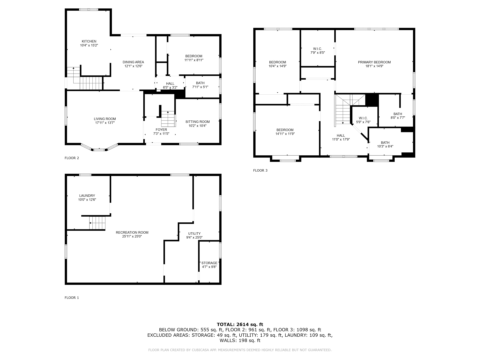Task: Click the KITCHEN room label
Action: pos(89,41)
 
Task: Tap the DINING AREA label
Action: pos(133,62)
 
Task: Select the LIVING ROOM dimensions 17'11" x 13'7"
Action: pos(105,123)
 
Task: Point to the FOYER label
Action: pos(161,130)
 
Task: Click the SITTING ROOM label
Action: pos(197,122)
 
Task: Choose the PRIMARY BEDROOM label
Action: pos(374,62)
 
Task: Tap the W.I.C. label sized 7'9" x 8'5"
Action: pos(317,49)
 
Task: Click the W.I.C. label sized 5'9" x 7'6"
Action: pos(363,118)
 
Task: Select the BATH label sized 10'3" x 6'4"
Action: pos(385,142)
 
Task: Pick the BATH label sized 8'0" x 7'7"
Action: pos(398,114)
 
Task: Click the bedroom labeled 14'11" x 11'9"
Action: pos(285,130)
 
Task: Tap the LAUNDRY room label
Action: pos(87,196)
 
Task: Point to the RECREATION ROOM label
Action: pos(132,232)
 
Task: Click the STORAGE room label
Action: pos(209,263)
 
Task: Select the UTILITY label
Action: pos(194,233)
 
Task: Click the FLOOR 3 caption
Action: pos(260,170)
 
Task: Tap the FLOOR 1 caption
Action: pos(72,298)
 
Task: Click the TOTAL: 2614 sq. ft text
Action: pos(240,324)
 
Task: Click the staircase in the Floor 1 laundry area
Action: pos(97,223)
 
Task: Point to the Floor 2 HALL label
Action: pos(170,83)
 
